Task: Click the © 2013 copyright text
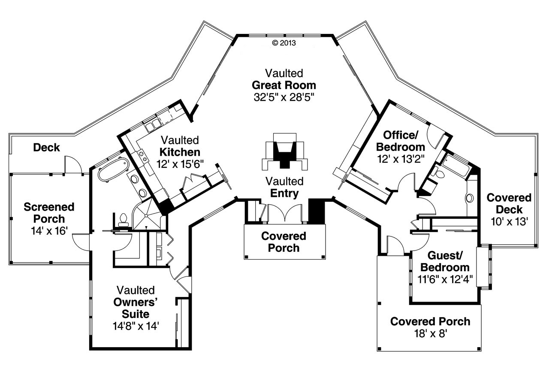point(284,42)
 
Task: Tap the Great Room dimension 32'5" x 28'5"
point(284,97)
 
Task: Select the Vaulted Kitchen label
point(180,146)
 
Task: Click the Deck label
point(46,148)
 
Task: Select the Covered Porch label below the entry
point(284,242)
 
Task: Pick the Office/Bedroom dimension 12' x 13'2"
point(401,159)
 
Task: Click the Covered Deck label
point(509,204)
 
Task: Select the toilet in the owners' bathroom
point(123,219)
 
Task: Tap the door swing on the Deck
point(71,164)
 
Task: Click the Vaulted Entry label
point(284,187)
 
